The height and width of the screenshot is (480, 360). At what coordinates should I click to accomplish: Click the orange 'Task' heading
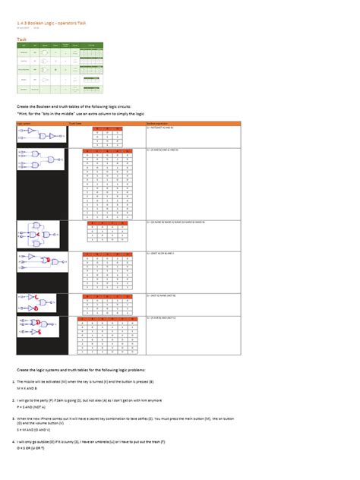(21, 38)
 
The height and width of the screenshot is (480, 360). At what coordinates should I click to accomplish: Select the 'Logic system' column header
(27, 123)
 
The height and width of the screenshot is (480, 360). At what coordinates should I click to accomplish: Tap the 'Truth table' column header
(75, 123)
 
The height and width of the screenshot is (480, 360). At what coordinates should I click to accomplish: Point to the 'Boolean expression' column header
(159, 123)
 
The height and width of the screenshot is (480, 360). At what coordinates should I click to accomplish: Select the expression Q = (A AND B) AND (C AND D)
(168, 150)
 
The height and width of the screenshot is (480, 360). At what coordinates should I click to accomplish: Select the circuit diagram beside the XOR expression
(38, 327)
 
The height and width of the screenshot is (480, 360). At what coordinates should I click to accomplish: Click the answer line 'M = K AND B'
(27, 387)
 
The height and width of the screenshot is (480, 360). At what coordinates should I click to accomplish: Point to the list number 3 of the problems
(13, 418)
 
